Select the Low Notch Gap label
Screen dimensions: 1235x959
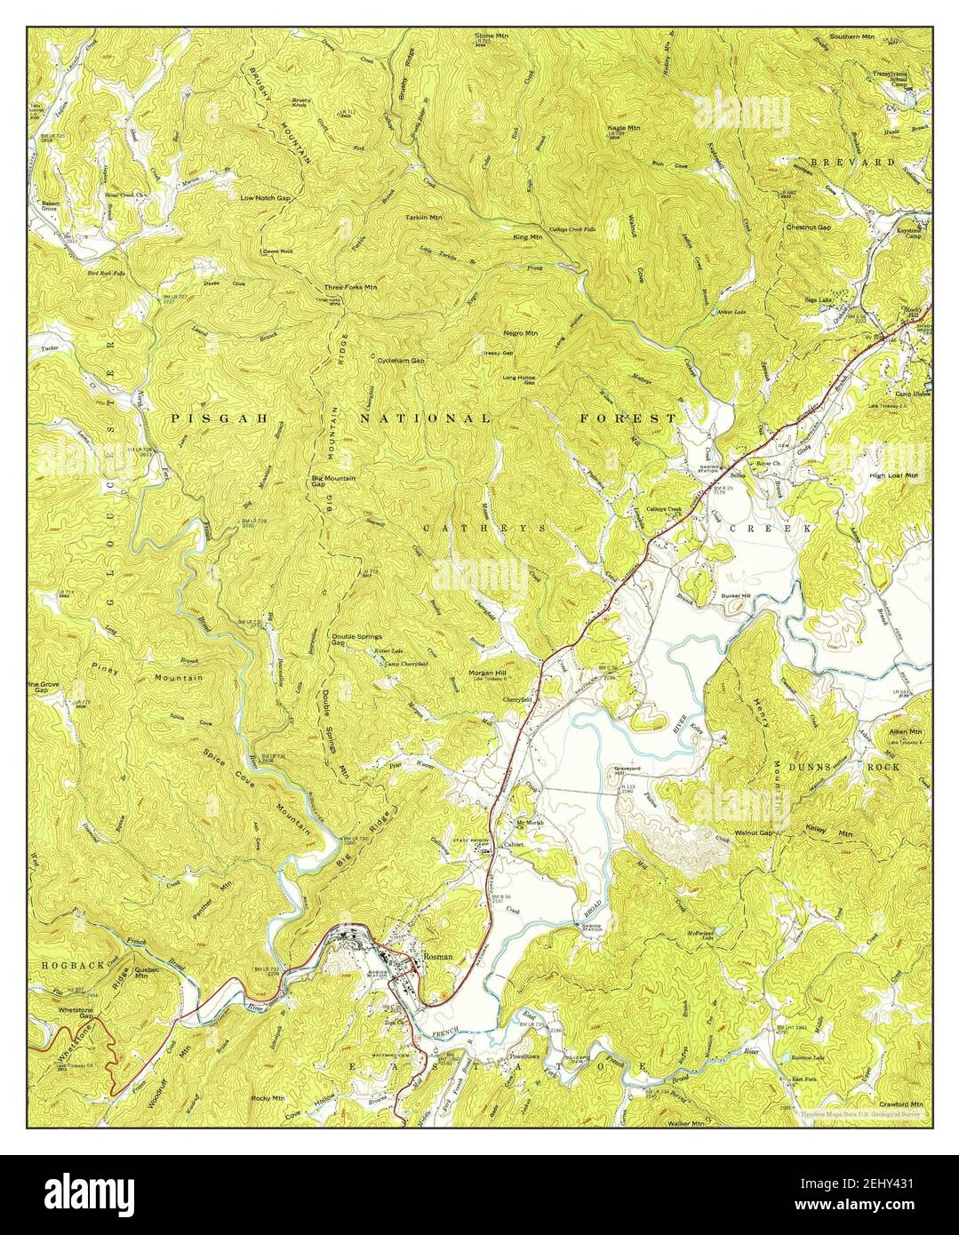pos(265,197)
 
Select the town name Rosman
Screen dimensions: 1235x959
pos(438,955)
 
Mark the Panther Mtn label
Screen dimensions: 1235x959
pos(212,899)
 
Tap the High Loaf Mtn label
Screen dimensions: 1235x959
pos(892,475)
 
